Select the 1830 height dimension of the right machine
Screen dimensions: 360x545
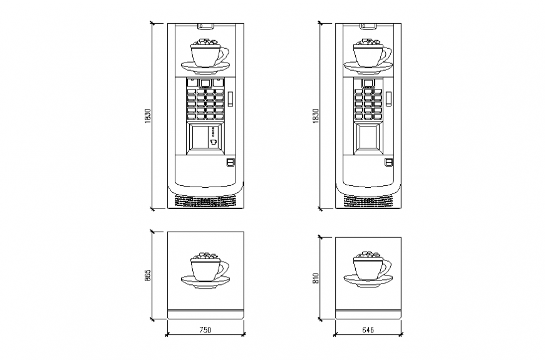(x=316, y=116)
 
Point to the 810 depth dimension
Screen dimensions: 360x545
(x=316, y=277)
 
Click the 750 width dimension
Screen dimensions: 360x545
(x=205, y=329)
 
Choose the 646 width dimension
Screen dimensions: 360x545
(x=368, y=329)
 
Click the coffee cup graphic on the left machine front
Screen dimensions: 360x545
(x=205, y=55)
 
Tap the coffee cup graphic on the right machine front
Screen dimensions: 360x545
(x=369, y=55)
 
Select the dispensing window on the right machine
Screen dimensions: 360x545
(x=368, y=138)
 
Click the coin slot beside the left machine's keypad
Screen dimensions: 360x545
(x=230, y=98)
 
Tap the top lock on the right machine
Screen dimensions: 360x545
(x=368, y=26)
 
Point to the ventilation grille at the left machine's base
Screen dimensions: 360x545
(x=205, y=202)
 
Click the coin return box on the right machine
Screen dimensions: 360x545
(x=389, y=163)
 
